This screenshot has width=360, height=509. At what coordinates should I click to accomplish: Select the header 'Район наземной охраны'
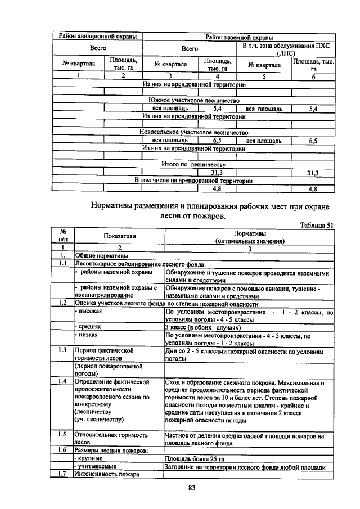[239, 37]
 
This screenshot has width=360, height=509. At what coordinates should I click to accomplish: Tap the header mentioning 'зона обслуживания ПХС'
[288, 49]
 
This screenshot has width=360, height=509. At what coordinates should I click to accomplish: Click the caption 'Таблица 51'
[317, 226]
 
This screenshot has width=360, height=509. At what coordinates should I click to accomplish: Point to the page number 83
[191, 487]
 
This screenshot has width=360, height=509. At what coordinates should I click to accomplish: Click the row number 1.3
[64, 350]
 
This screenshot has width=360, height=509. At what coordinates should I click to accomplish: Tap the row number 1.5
[64, 435]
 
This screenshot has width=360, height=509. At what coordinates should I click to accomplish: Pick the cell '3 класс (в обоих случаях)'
[202, 327]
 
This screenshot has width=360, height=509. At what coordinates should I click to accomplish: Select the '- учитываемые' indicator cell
[97, 467]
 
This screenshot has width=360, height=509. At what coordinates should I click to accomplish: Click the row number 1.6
[64, 451]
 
